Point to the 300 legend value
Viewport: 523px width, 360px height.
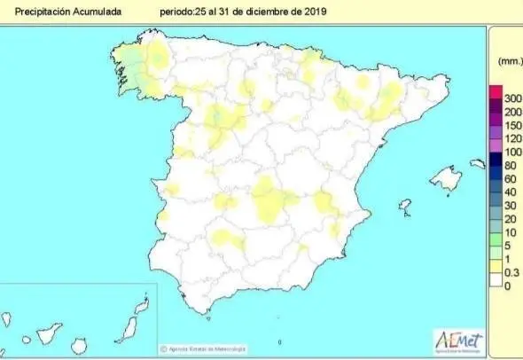(x=511, y=97)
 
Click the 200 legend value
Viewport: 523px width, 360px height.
(x=511, y=112)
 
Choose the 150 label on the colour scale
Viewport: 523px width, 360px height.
(x=511, y=126)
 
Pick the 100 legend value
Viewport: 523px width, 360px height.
(x=511, y=152)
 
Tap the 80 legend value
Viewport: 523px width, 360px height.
(x=510, y=165)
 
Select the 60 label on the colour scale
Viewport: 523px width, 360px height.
(x=510, y=178)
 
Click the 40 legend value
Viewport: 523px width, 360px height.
(x=510, y=192)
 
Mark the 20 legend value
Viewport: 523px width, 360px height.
(x=510, y=218)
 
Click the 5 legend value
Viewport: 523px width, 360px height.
(x=508, y=245)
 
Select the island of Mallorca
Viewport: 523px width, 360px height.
(x=446, y=180)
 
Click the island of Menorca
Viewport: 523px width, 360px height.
(x=478, y=163)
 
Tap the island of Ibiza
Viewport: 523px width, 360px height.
(x=405, y=207)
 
